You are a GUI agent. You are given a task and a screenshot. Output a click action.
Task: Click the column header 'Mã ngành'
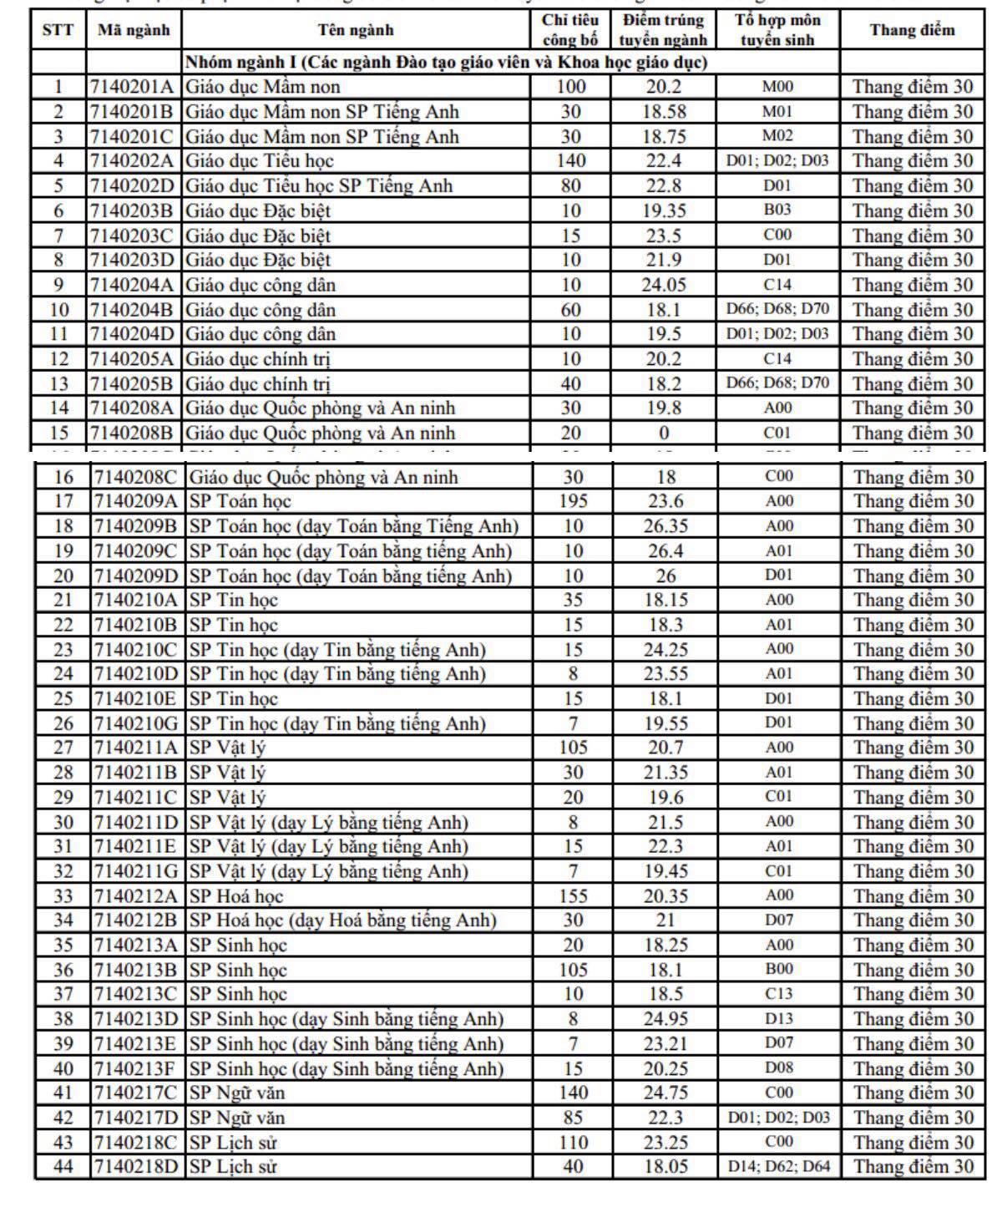[133, 30]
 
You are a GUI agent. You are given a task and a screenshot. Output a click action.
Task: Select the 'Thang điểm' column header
[912, 30]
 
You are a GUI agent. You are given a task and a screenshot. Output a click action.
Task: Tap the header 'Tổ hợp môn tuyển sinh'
[777, 30]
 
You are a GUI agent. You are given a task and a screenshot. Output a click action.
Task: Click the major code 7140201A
[133, 87]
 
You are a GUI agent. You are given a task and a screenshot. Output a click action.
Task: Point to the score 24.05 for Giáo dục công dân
[664, 285]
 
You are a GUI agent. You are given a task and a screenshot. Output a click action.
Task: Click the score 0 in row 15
[664, 433]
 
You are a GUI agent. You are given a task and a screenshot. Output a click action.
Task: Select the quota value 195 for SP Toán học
[573, 501]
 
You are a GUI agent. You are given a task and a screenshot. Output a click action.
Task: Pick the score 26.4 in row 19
[665, 550]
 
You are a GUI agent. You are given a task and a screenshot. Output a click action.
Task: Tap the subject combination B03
[777, 210]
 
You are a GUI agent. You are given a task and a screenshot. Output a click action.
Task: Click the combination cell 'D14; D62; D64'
[779, 1166]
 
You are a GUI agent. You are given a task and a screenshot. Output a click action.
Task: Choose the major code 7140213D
[136, 1018]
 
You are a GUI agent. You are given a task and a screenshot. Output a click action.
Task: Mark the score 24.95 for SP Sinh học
[665, 1018]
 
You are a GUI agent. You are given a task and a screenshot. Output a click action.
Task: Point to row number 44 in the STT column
[63, 1166]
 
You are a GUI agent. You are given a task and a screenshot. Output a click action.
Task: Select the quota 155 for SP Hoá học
[573, 895]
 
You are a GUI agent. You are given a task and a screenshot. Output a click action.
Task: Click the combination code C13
[779, 994]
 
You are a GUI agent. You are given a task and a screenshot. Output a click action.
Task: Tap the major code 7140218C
[136, 1142]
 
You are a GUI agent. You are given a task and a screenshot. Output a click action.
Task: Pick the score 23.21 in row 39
[665, 1043]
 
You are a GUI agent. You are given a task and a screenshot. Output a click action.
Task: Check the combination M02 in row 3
[777, 136]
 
